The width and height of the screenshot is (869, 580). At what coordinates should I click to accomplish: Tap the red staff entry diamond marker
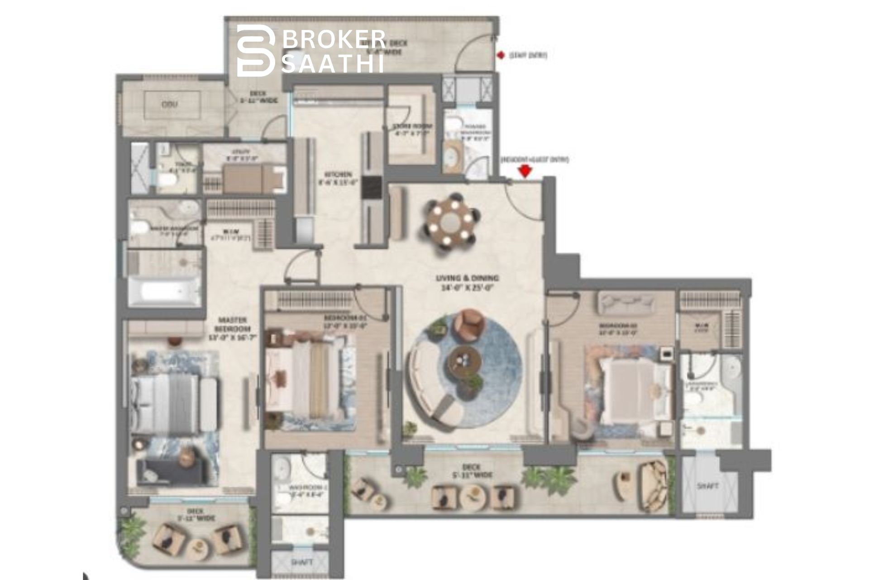click(501, 55)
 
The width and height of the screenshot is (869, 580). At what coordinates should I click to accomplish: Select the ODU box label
click(170, 105)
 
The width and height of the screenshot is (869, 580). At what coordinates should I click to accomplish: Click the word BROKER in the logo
click(334, 39)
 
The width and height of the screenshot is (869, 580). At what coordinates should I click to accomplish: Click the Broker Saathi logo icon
click(256, 50)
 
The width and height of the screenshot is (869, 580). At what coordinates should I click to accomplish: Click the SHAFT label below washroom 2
click(301, 563)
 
